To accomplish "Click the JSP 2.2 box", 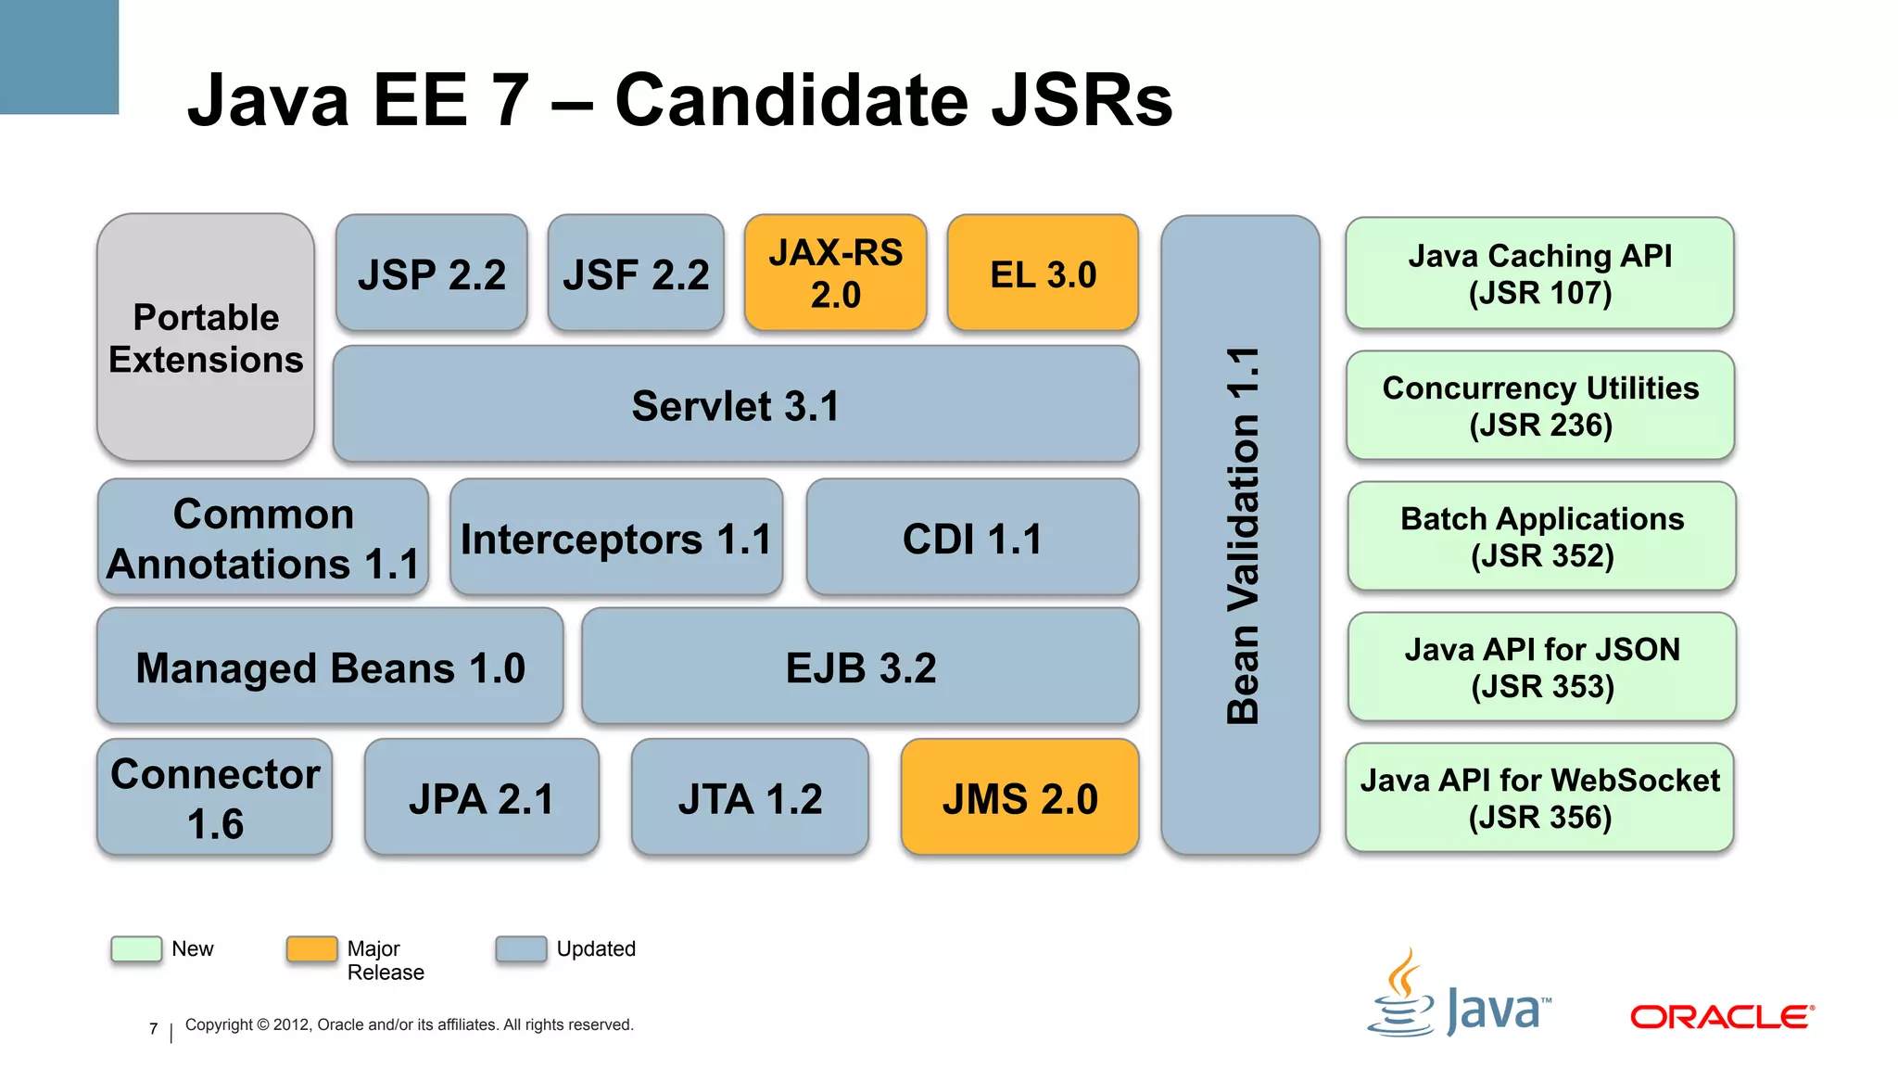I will tap(432, 273).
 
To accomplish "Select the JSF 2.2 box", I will tap(636, 273).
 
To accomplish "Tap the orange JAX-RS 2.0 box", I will tap(835, 273).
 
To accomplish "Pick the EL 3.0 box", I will tap(1043, 273).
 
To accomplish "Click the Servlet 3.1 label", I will tap(735, 406).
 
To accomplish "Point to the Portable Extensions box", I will tap(206, 337).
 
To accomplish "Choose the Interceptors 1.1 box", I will tap(616, 538).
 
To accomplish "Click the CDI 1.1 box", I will tap(972, 538).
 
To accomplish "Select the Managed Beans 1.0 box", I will tap(330, 667).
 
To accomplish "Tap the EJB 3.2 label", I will tap(861, 667).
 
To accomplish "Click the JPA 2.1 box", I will tap(481, 797).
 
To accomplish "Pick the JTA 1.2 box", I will tap(750, 797).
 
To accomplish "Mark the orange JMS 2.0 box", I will tap(1019, 797).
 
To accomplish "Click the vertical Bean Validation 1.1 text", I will tap(1242, 535).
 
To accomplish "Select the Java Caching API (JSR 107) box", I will tap(1539, 273).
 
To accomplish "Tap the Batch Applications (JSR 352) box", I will tap(1541, 536).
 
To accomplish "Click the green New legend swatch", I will tap(136, 948).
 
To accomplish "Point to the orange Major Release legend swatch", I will tap(311, 948).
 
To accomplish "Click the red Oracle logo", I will tap(1722, 1017).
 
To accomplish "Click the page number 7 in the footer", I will tap(154, 1028).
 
